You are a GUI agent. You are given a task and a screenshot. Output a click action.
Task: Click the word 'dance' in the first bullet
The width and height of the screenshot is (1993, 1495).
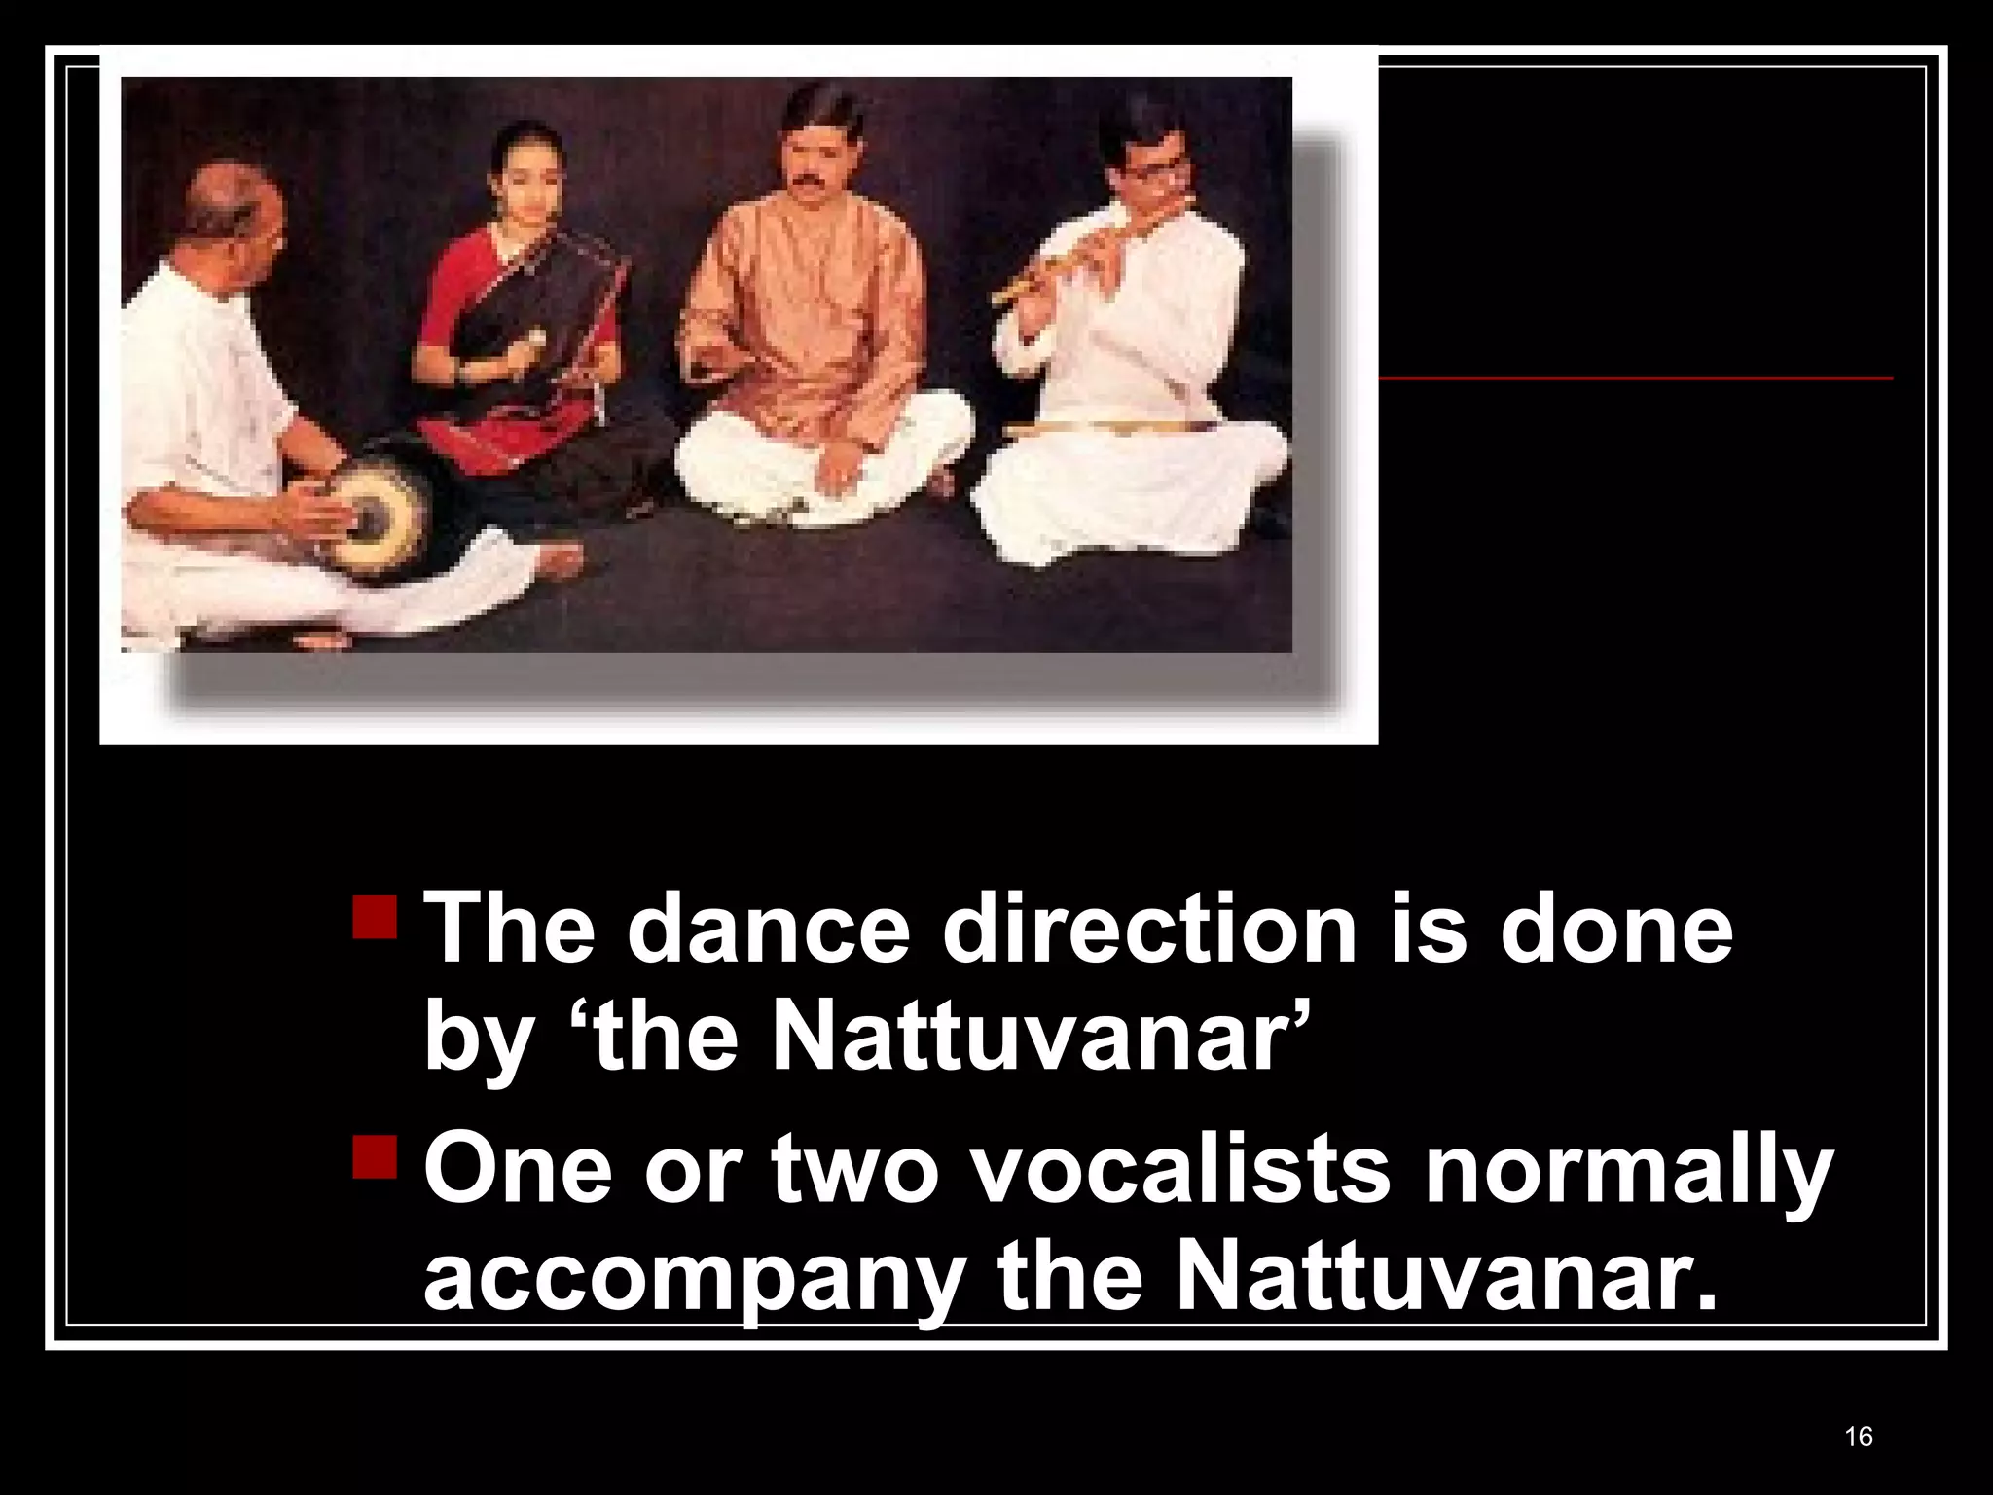tap(769, 930)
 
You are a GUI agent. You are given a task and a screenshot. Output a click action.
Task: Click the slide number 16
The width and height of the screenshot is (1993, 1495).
tap(1858, 1437)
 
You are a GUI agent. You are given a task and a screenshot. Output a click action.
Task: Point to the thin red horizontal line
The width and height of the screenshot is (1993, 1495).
tap(1635, 377)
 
